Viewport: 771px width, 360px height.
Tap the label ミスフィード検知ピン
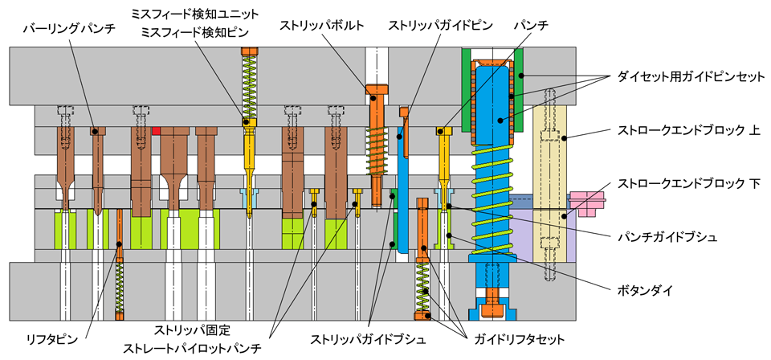[190, 31]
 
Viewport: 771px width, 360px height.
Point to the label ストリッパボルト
[322, 26]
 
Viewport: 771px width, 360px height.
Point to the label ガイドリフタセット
[520, 339]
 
